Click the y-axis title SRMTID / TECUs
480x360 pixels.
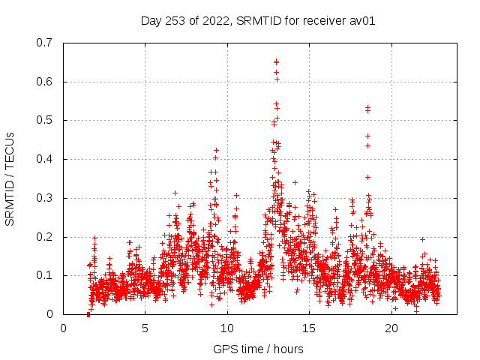pos(10,178)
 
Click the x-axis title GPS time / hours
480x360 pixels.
pos(258,349)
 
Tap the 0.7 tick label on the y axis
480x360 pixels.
pos(44,43)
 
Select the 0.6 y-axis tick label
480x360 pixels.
pos(44,82)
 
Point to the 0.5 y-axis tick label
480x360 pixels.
pos(44,120)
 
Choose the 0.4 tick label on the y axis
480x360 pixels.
pos(44,159)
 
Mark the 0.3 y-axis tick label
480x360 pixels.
pos(44,198)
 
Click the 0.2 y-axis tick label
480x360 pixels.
pos(44,237)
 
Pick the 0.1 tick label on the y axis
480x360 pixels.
pos(44,275)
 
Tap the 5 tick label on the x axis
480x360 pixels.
pos(145,328)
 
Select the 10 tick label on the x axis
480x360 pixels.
pos(227,328)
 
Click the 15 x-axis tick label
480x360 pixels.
pos(310,328)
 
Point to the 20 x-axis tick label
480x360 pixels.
pos(391,328)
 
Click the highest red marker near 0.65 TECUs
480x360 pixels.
pos(276,61)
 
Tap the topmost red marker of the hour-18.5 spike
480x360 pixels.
pos(367,107)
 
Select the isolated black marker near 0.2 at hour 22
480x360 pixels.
pos(422,239)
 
